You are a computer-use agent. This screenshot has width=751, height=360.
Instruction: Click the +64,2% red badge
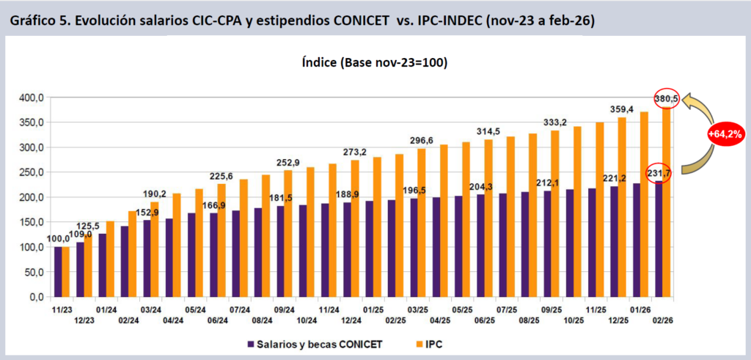[x=726, y=133]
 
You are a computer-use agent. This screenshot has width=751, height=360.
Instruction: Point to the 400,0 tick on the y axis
[x=31, y=98]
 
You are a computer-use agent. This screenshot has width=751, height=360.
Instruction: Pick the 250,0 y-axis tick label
[x=31, y=172]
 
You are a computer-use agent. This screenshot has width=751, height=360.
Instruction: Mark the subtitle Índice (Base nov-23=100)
[x=374, y=63]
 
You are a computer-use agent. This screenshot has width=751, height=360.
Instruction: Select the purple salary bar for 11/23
[x=58, y=271]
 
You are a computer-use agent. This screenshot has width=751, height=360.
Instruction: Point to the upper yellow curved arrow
[x=702, y=109]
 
